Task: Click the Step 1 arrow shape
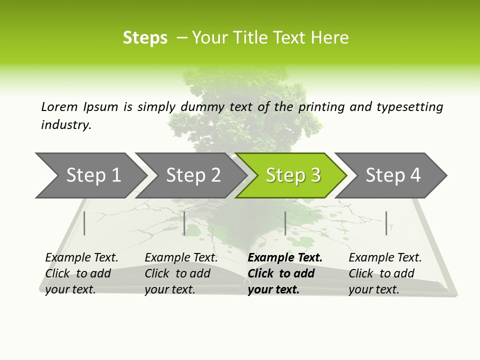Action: (x=90, y=175)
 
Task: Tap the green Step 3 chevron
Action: (x=292, y=175)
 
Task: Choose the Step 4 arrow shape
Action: (x=393, y=175)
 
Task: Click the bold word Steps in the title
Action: (x=145, y=38)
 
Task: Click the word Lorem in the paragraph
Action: (x=59, y=107)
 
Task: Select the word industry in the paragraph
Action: (x=65, y=125)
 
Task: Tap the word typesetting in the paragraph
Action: (x=409, y=107)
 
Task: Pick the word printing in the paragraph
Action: (x=321, y=107)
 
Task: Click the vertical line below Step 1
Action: (x=84, y=223)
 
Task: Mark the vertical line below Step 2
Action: (x=184, y=223)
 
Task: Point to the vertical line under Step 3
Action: (x=285, y=223)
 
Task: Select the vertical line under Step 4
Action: (x=386, y=223)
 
